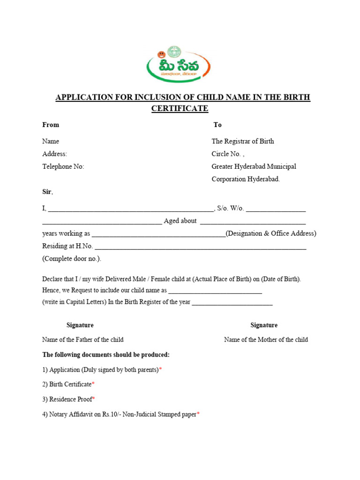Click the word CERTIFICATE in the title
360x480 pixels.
180,108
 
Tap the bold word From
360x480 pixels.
51,125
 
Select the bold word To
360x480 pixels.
217,125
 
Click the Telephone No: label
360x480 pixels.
63,166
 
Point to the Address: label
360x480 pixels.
55,154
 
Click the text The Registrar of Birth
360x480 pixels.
243,141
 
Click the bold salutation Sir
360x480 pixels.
47,192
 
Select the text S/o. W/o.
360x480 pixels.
231,208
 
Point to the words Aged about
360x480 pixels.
180,221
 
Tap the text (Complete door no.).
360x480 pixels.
72,259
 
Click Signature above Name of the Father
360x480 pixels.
80,325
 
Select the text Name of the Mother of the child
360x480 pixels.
266,339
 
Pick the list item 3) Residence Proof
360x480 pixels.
67,399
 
